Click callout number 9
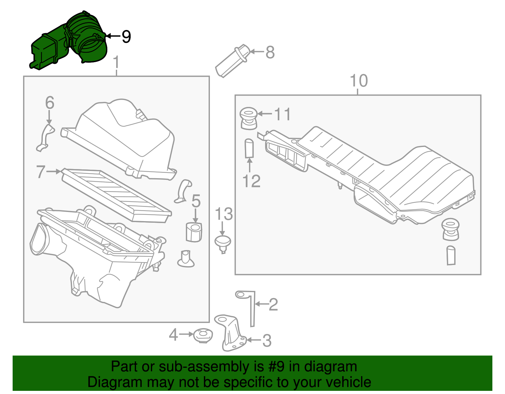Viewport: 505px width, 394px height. pos(126,37)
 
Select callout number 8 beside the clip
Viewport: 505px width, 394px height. pos(270,52)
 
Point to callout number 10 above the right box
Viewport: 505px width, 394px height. pos(359,81)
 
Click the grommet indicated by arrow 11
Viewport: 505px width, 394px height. pos(248,118)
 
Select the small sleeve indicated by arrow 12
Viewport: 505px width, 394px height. pos(249,148)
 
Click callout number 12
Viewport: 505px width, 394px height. pos(251,181)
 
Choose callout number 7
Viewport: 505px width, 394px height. pos(41,172)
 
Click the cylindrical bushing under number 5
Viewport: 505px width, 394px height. pos(194,232)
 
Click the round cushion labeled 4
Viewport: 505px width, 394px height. pos(203,336)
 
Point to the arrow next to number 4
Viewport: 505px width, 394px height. pos(186,334)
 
